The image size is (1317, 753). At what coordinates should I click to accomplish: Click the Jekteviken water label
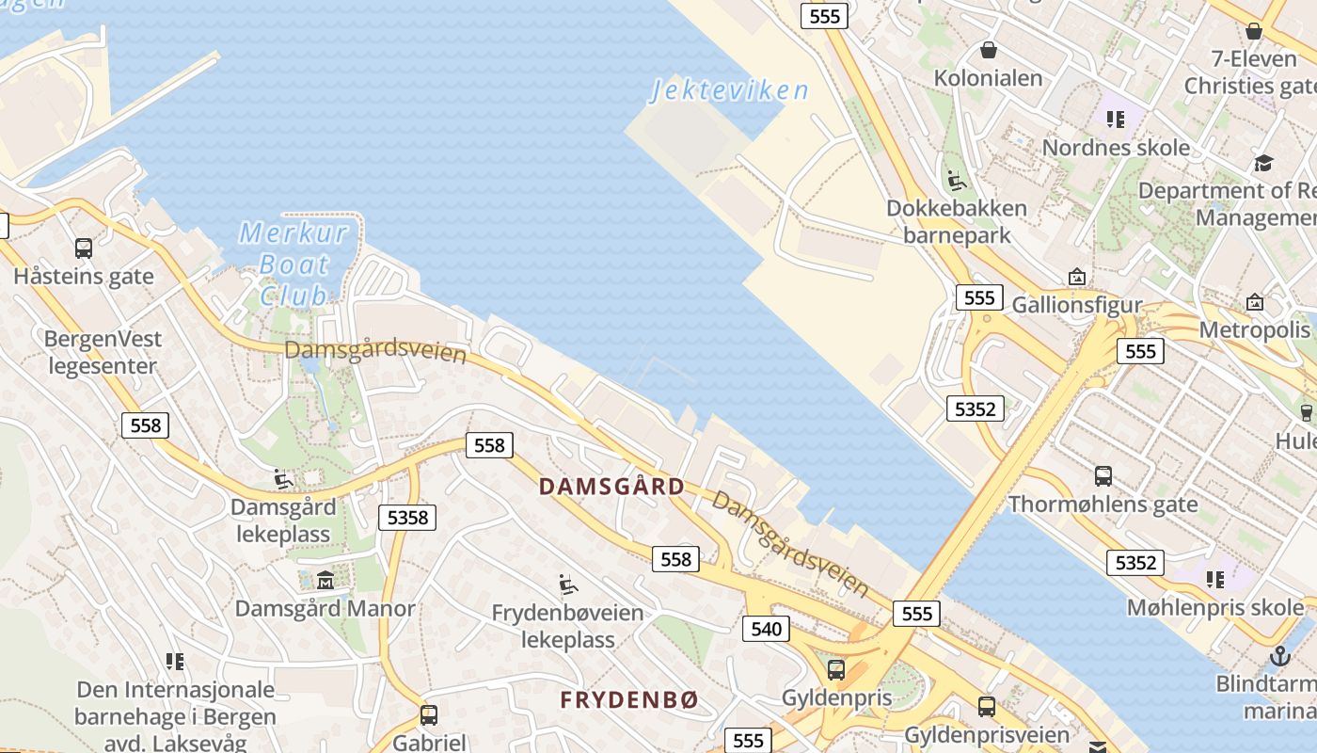[730, 90]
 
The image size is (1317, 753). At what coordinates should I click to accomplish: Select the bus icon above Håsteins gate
[84, 248]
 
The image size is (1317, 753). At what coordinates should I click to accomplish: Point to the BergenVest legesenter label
[103, 352]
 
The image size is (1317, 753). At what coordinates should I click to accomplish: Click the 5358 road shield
[407, 517]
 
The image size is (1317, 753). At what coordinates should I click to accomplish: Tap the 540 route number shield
[766, 629]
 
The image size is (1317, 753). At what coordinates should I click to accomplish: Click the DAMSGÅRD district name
[611, 487]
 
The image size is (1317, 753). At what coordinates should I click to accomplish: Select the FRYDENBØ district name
[629, 700]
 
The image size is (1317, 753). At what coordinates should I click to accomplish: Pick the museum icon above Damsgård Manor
[325, 580]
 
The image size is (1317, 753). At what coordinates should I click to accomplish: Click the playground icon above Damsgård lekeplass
[283, 479]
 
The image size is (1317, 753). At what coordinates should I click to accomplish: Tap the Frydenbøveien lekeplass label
[567, 626]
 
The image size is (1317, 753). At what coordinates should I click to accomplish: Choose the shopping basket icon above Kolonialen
[988, 50]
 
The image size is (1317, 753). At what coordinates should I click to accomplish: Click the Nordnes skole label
[1116, 148]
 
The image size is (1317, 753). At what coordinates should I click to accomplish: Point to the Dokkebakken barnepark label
[957, 220]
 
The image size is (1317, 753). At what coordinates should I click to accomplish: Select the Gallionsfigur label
[1076, 305]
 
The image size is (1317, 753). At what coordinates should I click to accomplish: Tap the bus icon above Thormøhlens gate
[1103, 476]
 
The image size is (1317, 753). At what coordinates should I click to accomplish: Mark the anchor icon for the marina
[1279, 655]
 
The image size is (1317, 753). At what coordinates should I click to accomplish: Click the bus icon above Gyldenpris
[835, 670]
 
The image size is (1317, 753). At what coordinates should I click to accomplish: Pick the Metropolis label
[1254, 329]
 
